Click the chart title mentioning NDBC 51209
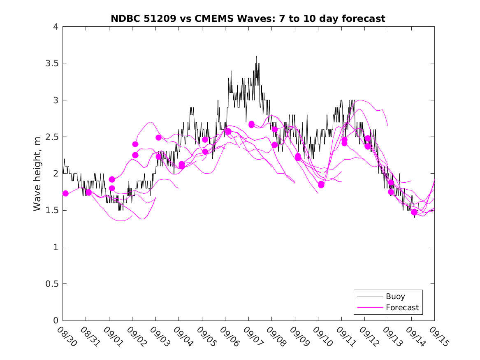[248, 19]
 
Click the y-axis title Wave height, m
[37, 174]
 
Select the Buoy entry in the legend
[388, 297]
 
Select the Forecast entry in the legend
[388, 307]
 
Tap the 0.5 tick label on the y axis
[52, 284]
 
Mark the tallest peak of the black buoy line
[257, 56]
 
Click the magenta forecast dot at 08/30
[65, 193]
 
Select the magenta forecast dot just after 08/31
[88, 193]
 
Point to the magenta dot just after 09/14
[414, 212]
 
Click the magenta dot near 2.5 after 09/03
[158, 137]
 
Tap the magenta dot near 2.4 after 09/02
[135, 144]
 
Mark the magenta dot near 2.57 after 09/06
[228, 132]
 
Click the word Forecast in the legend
[402, 307]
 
